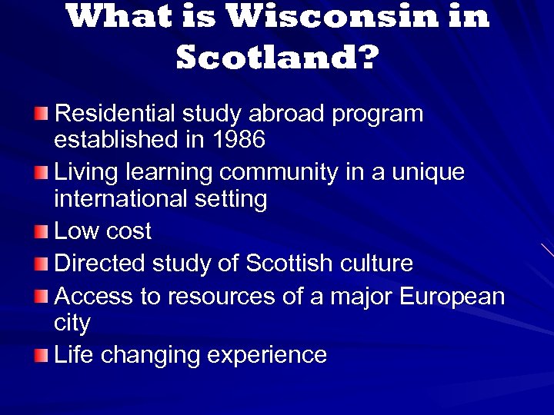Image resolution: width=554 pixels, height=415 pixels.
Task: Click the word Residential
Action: [x=115, y=114]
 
